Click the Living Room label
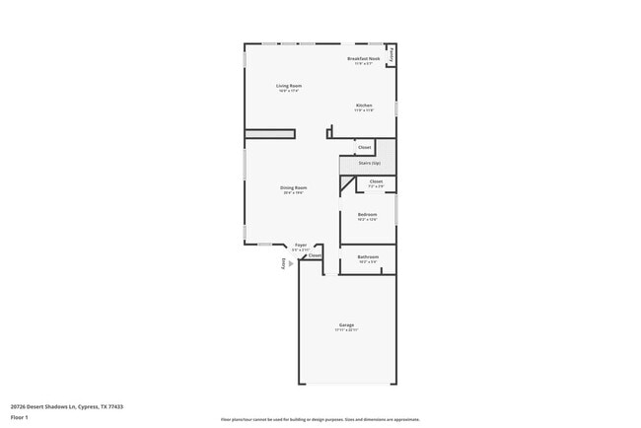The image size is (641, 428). click(x=288, y=86)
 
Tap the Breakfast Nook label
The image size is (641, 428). click(x=363, y=59)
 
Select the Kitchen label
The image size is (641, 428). click(x=363, y=105)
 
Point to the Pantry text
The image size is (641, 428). click(x=392, y=55)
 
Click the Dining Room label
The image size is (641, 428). click(x=293, y=187)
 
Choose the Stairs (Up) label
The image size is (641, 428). click(x=369, y=162)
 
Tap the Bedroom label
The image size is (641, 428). click(x=367, y=214)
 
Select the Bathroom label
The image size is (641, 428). click(x=368, y=256)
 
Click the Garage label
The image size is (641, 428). click(x=346, y=324)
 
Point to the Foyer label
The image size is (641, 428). click(x=301, y=245)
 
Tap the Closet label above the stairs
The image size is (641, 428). click(x=364, y=147)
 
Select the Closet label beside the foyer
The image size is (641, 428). click(x=315, y=255)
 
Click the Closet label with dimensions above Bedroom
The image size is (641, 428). click(x=376, y=181)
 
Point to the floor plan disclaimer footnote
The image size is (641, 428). click(x=320, y=419)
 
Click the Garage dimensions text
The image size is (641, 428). click(x=346, y=329)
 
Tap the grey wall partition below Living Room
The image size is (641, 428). click(x=269, y=134)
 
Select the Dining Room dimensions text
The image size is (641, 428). click(x=293, y=193)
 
